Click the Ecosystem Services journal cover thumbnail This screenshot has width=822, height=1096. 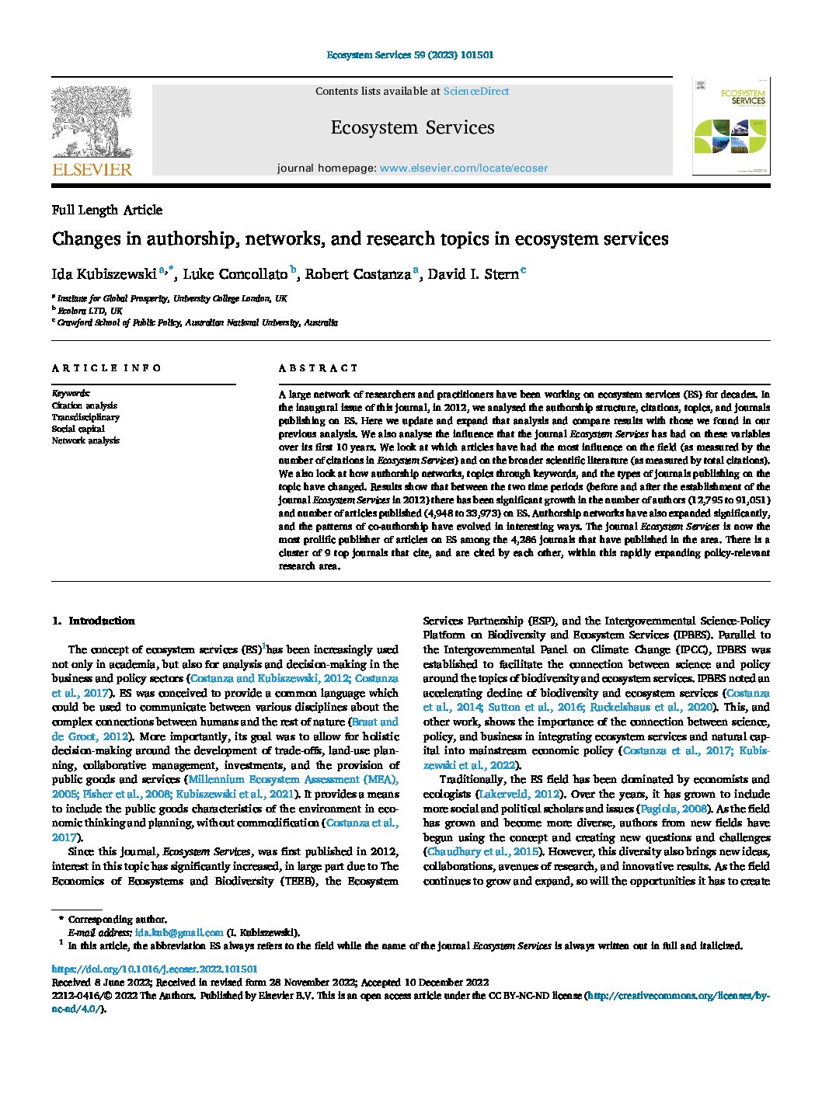pos(731,126)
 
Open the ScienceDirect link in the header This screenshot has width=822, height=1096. pos(476,92)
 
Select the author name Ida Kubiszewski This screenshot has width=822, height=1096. pos(104,274)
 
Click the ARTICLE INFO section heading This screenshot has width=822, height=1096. pos(106,368)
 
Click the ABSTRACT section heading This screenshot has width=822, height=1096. pos(319,368)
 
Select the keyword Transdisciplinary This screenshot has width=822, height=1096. pos(85,417)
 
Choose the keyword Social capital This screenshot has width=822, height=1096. pos(78,429)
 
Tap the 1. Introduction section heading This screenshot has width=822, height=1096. pos(93,621)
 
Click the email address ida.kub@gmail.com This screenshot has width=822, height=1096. pos(179,932)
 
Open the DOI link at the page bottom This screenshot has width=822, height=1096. pos(154,969)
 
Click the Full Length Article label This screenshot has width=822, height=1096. pos(107,210)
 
